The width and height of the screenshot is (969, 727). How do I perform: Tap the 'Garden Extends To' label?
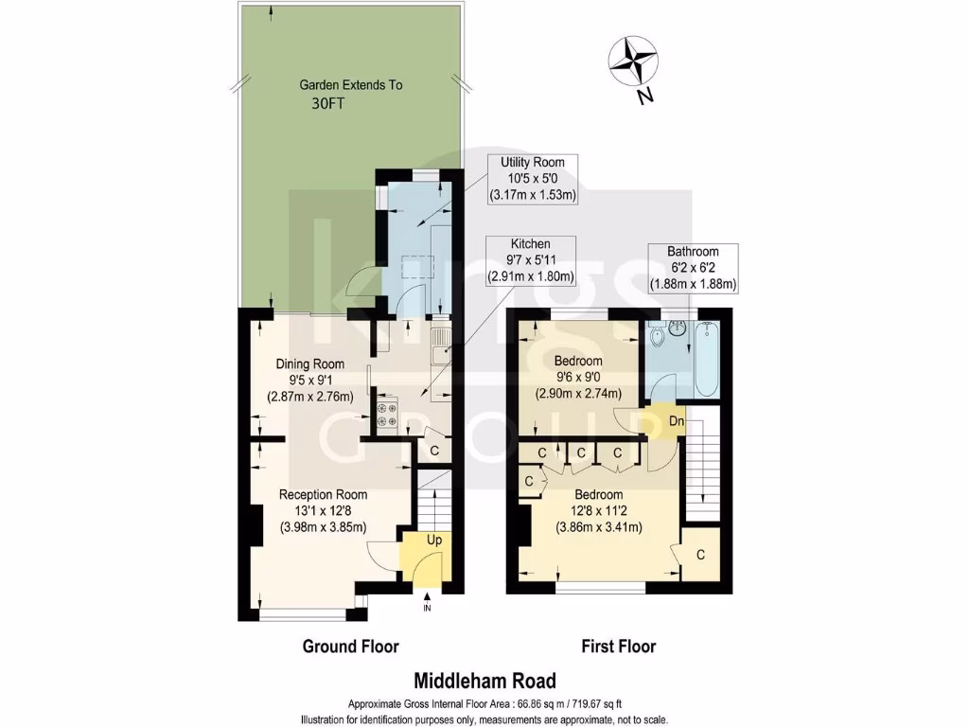point(350,84)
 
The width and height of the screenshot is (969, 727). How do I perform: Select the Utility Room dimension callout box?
point(535,179)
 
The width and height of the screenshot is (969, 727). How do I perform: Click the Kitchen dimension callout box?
point(531,260)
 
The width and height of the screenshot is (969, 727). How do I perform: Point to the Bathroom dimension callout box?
point(693,268)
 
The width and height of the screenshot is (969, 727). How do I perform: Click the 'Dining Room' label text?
point(309,363)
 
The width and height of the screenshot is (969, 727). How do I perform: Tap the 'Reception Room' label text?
point(323,494)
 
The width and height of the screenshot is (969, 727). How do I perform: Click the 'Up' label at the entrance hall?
point(434,539)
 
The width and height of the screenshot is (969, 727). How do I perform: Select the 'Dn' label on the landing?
point(677,421)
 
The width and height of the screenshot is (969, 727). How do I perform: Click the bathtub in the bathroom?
point(705,361)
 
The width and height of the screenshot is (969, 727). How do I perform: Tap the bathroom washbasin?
point(677,330)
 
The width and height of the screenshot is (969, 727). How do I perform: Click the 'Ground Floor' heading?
point(350,647)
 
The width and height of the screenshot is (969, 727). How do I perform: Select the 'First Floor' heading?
point(618,647)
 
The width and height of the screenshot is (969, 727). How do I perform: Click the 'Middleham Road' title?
point(484,680)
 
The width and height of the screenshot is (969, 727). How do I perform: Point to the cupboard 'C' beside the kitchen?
point(434,451)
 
